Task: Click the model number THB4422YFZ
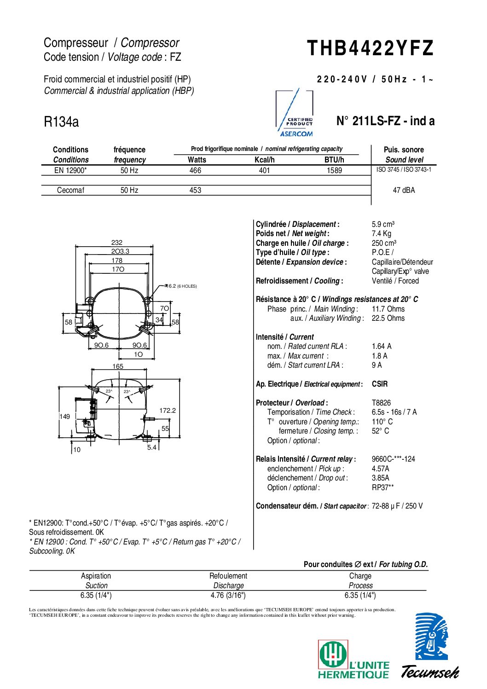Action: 370,48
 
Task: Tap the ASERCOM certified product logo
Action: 295,113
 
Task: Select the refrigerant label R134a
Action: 61,122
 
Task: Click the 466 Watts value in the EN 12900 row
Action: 195,171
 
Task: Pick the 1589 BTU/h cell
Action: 334,171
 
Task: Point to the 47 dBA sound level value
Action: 404,190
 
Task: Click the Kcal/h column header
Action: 264,160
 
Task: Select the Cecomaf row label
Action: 70,190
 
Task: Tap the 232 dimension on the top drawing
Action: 117,243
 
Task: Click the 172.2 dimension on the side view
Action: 168,411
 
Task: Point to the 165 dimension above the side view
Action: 118,366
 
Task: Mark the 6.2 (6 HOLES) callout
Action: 181,286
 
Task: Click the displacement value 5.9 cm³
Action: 383,225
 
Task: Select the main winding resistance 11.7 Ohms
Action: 388,309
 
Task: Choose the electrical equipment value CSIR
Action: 380,384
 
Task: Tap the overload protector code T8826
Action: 381,403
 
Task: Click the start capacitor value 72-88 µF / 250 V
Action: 397,506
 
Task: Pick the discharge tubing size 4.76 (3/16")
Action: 228,595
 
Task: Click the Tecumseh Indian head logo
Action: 431,637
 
